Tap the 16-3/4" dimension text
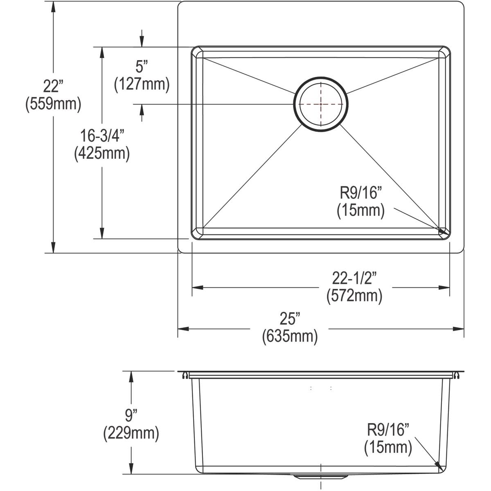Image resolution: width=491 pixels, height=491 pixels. point(102,135)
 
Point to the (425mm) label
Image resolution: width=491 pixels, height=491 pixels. point(102,153)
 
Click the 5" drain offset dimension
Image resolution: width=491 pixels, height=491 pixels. point(142,67)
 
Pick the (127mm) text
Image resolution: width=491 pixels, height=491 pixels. point(142,84)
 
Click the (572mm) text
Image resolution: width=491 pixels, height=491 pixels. point(354,296)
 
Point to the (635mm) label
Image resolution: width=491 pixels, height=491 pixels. point(290,336)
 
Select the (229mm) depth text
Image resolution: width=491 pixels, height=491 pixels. point(131,432)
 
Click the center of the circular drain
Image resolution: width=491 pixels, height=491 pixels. point(321,104)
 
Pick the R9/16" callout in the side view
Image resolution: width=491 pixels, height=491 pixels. point(388,430)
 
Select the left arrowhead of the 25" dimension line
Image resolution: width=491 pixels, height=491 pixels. point(182,329)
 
